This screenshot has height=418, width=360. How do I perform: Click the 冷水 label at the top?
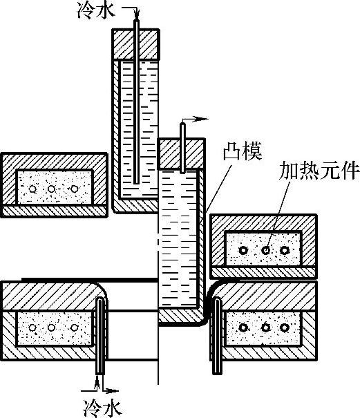[x=96, y=10]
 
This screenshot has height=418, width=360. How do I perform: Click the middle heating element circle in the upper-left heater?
[x=51, y=189]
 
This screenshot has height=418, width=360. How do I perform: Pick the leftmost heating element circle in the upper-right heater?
[x=243, y=250]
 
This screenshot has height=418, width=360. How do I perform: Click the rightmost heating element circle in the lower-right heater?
[x=285, y=327]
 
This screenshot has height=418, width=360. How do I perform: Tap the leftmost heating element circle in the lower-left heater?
[x=32, y=327]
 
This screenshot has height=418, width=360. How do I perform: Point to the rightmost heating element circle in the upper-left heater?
[x=75, y=189]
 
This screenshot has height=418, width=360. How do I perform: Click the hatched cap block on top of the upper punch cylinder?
[x=135, y=44]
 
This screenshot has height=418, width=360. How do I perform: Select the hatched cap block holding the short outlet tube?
[x=182, y=154]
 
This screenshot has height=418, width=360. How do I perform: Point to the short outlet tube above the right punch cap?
[x=182, y=148]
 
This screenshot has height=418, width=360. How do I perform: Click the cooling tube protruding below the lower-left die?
[x=100, y=336]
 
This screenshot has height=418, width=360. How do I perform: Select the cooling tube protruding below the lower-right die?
[x=217, y=336]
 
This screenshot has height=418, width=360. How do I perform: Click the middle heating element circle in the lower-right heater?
[x=265, y=327]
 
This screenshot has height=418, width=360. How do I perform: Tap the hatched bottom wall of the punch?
[x=179, y=316]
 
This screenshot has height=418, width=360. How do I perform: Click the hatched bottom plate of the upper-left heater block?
[x=55, y=211]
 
